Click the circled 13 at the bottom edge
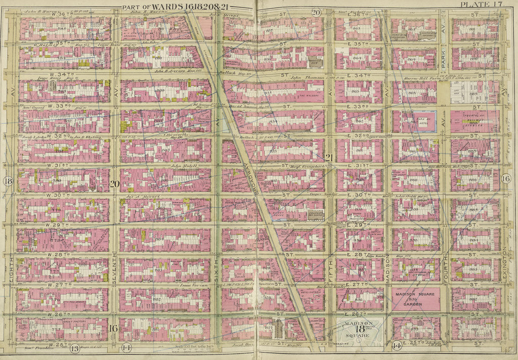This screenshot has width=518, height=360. coord(74,347)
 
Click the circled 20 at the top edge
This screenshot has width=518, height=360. coord(316,12)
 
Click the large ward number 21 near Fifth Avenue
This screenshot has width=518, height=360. coord(328,158)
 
